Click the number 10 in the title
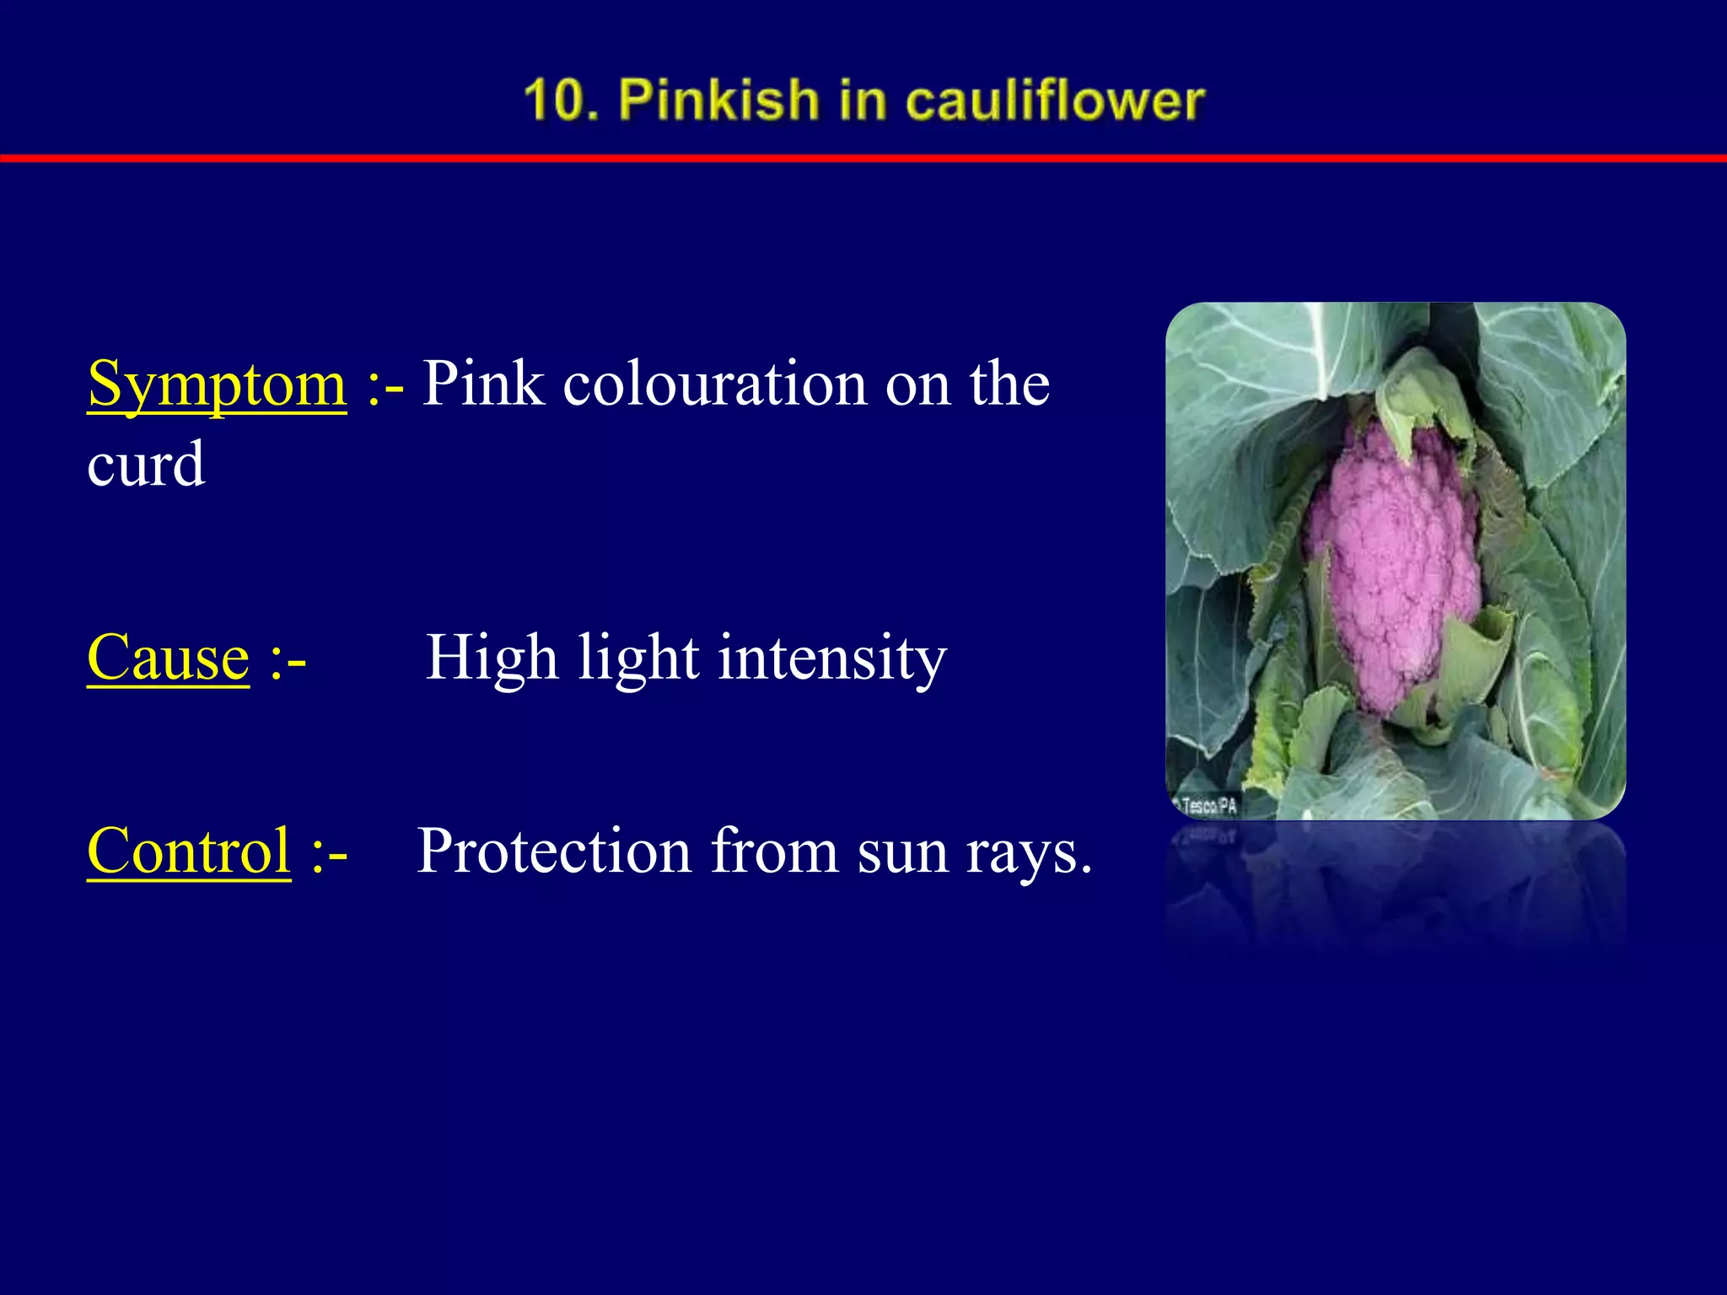556,99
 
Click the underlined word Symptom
217,384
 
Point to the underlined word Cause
168,658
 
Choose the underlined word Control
189,851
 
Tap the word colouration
715,384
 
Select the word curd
146,465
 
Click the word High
492,658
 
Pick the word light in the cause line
638,658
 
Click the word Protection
554,851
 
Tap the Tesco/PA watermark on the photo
1208,806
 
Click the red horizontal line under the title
863,158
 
